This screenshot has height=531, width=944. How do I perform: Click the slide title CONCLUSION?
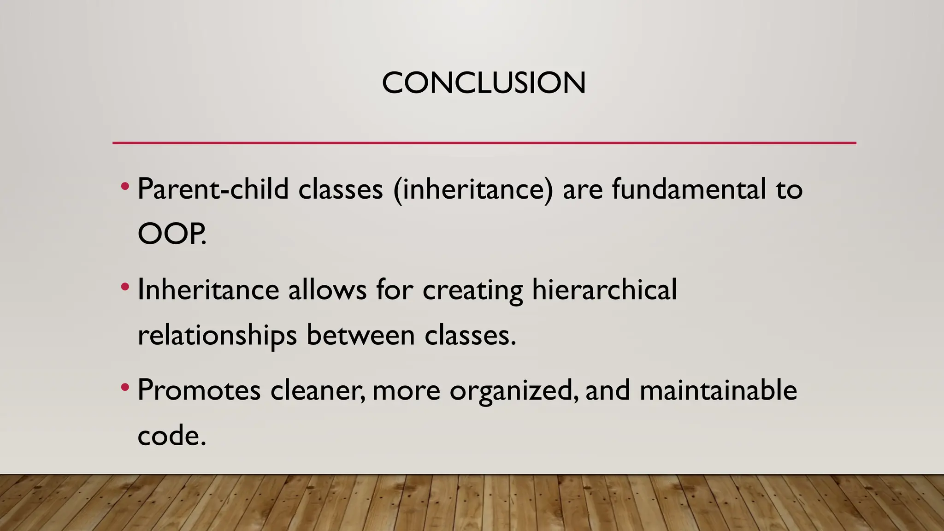[484, 83]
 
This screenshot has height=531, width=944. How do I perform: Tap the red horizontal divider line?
[484, 143]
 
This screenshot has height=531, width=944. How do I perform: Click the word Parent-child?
[213, 189]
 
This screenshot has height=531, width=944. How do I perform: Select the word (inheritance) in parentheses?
[473, 189]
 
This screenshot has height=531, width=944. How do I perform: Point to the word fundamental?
[689, 189]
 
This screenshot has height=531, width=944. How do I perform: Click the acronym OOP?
[171, 234]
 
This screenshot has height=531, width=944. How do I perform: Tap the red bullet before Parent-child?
[124, 187]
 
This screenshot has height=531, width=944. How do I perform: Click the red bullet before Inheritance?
[124, 288]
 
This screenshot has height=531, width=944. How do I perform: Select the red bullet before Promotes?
[124, 388]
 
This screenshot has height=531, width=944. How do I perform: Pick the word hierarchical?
[604, 290]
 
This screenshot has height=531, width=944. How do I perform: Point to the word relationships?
[217, 336]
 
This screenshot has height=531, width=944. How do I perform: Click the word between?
[360, 335]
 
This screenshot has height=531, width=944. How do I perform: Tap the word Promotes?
[199, 390]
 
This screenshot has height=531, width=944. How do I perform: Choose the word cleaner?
[317, 390]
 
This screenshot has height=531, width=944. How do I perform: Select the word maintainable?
[718, 390]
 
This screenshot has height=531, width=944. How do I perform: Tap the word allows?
[327, 290]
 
